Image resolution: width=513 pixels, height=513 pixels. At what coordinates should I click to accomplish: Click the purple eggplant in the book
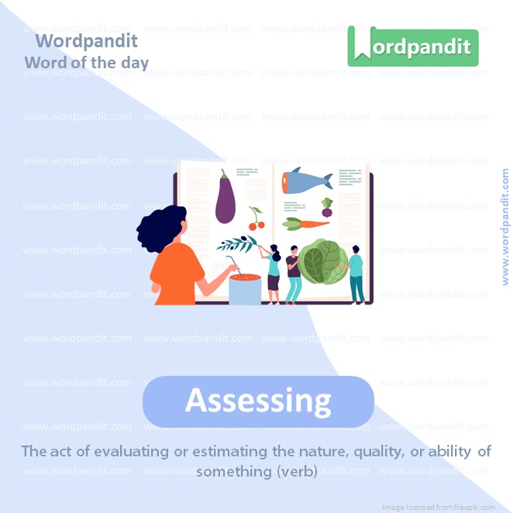tap(226, 198)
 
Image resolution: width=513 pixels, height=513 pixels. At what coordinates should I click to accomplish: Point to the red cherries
tap(256, 223)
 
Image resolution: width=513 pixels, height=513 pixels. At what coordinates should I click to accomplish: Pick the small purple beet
tap(327, 208)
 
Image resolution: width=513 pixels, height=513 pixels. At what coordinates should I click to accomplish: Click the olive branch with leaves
tap(238, 244)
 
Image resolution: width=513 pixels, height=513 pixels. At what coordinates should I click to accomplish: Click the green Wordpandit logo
tap(412, 46)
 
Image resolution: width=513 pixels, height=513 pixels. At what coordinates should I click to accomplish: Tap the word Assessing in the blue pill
tap(258, 401)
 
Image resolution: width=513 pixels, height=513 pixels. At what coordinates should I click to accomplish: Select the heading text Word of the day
tap(86, 62)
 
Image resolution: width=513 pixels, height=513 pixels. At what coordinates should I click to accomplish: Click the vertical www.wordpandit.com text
tap(505, 227)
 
